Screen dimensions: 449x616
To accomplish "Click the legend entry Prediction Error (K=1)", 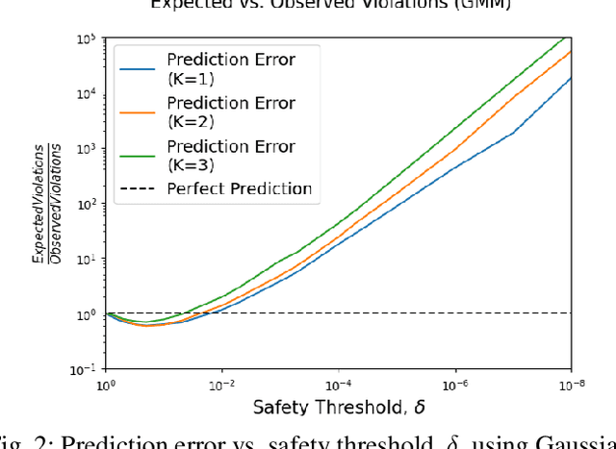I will (231, 68).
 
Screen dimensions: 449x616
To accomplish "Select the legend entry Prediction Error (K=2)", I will (231, 112).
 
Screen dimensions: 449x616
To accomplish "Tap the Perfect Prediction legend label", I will (240, 187).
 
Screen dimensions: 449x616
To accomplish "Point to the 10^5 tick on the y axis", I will (86, 39).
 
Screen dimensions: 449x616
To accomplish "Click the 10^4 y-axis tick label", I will (86, 95).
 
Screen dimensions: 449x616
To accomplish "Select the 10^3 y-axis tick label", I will (86, 150).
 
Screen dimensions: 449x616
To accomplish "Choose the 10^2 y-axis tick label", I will (86, 205).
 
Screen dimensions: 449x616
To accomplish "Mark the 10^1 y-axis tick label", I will (86, 260).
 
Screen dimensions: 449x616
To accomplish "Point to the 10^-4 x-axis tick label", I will (339, 385).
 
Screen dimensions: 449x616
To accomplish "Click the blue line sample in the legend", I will (138, 68).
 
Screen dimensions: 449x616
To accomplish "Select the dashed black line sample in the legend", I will (138, 188).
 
